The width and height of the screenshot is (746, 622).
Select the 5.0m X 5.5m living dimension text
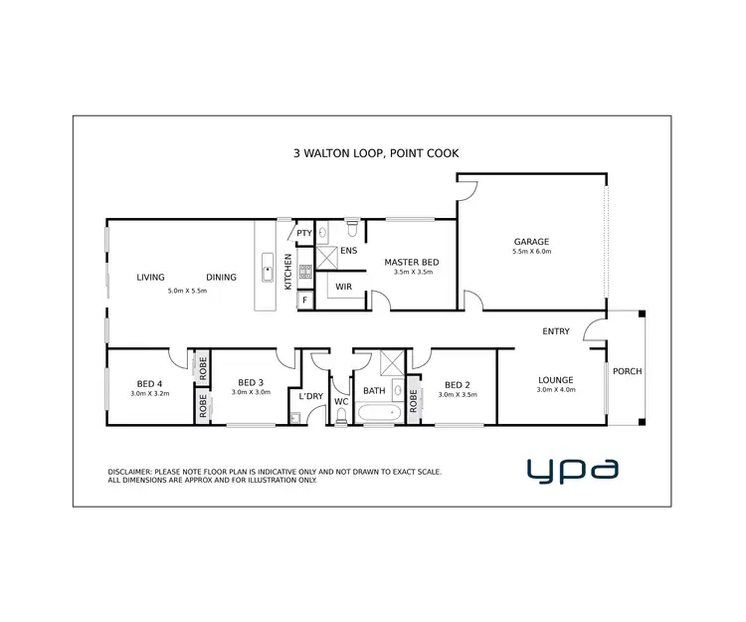click(187, 291)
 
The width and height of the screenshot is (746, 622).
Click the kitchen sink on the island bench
click(266, 268)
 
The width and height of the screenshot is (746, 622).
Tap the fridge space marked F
click(305, 299)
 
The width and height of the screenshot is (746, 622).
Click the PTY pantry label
click(304, 234)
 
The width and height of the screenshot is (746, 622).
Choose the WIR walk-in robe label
click(343, 287)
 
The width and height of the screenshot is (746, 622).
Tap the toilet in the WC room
click(341, 418)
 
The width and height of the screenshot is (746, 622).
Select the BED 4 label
click(150, 382)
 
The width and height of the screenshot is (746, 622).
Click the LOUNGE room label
click(555, 379)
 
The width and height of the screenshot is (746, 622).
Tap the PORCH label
click(627, 371)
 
